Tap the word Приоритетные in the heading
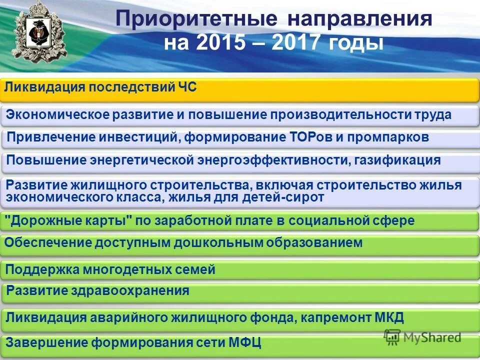[x=196, y=19]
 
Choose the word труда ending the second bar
[x=432, y=114]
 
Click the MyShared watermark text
[x=430, y=337]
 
